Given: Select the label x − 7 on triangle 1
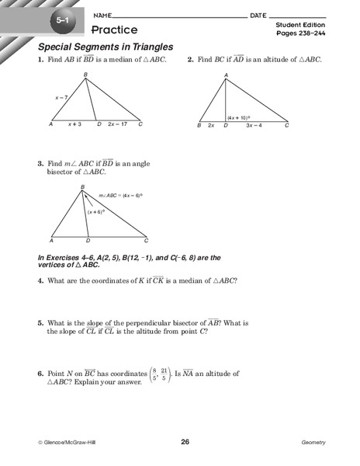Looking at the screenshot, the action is [62, 98].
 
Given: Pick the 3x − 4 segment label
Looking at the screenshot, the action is [254, 125].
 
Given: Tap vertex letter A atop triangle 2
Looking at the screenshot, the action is [226, 75].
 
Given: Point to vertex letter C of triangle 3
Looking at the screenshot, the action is [147, 241].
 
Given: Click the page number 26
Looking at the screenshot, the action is [185, 442].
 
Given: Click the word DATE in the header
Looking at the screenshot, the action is [258, 16].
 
